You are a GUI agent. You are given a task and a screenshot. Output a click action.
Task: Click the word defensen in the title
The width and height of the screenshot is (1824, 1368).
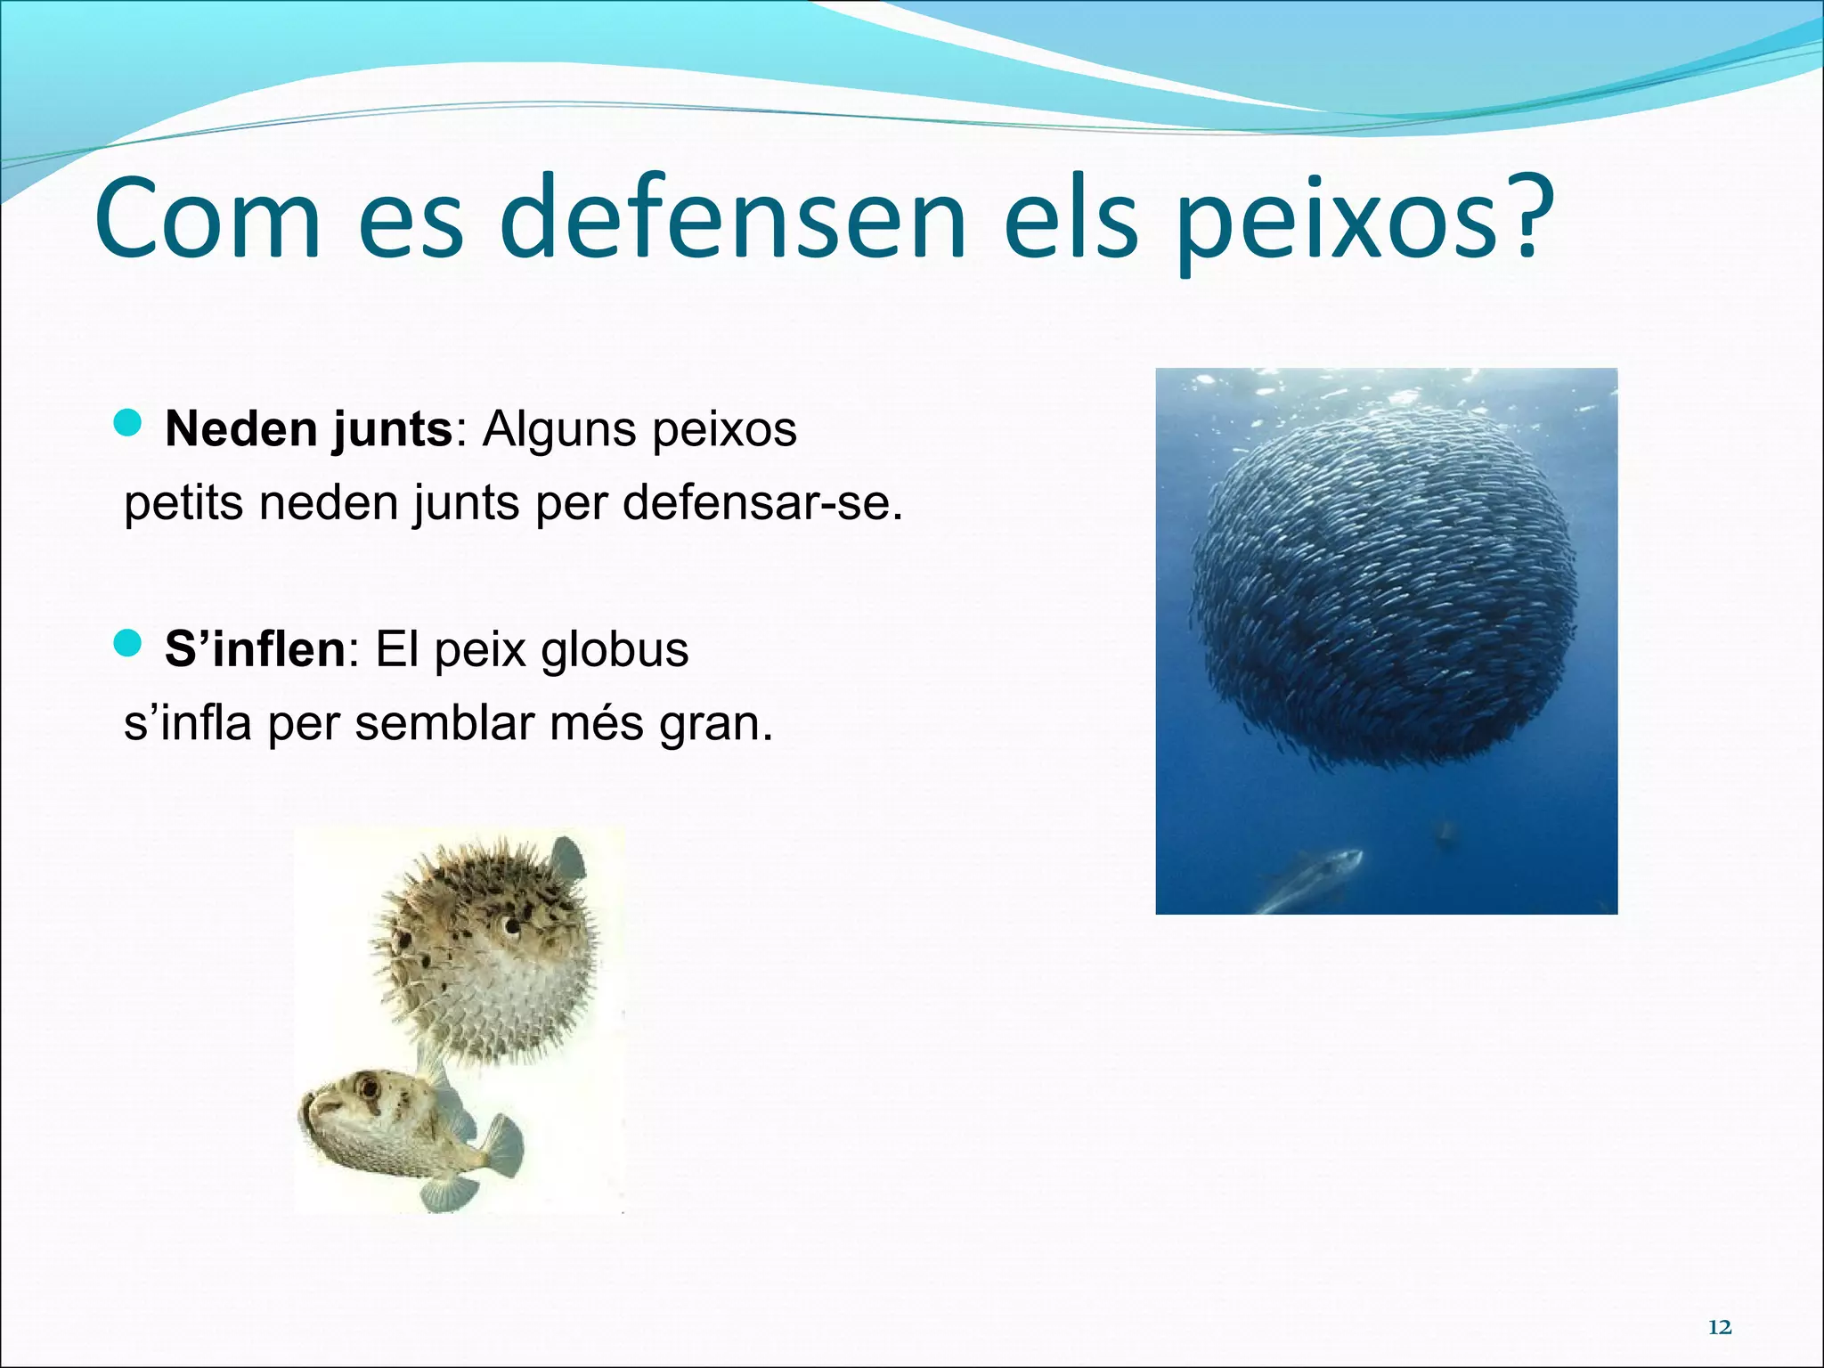pos(738,219)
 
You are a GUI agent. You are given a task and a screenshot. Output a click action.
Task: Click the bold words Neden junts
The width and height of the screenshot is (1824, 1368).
pos(309,429)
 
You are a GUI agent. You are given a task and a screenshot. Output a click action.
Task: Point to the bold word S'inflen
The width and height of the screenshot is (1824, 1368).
pos(255,648)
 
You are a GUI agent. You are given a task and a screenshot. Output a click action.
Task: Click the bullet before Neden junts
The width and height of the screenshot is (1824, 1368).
pos(129,425)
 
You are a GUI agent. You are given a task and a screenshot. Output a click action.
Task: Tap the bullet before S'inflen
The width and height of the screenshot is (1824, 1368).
pos(129,643)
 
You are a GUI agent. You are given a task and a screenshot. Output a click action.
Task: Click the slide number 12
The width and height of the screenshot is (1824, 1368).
pos(1720,1327)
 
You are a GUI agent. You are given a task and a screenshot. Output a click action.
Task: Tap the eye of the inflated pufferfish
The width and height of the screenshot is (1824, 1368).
pos(513,928)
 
